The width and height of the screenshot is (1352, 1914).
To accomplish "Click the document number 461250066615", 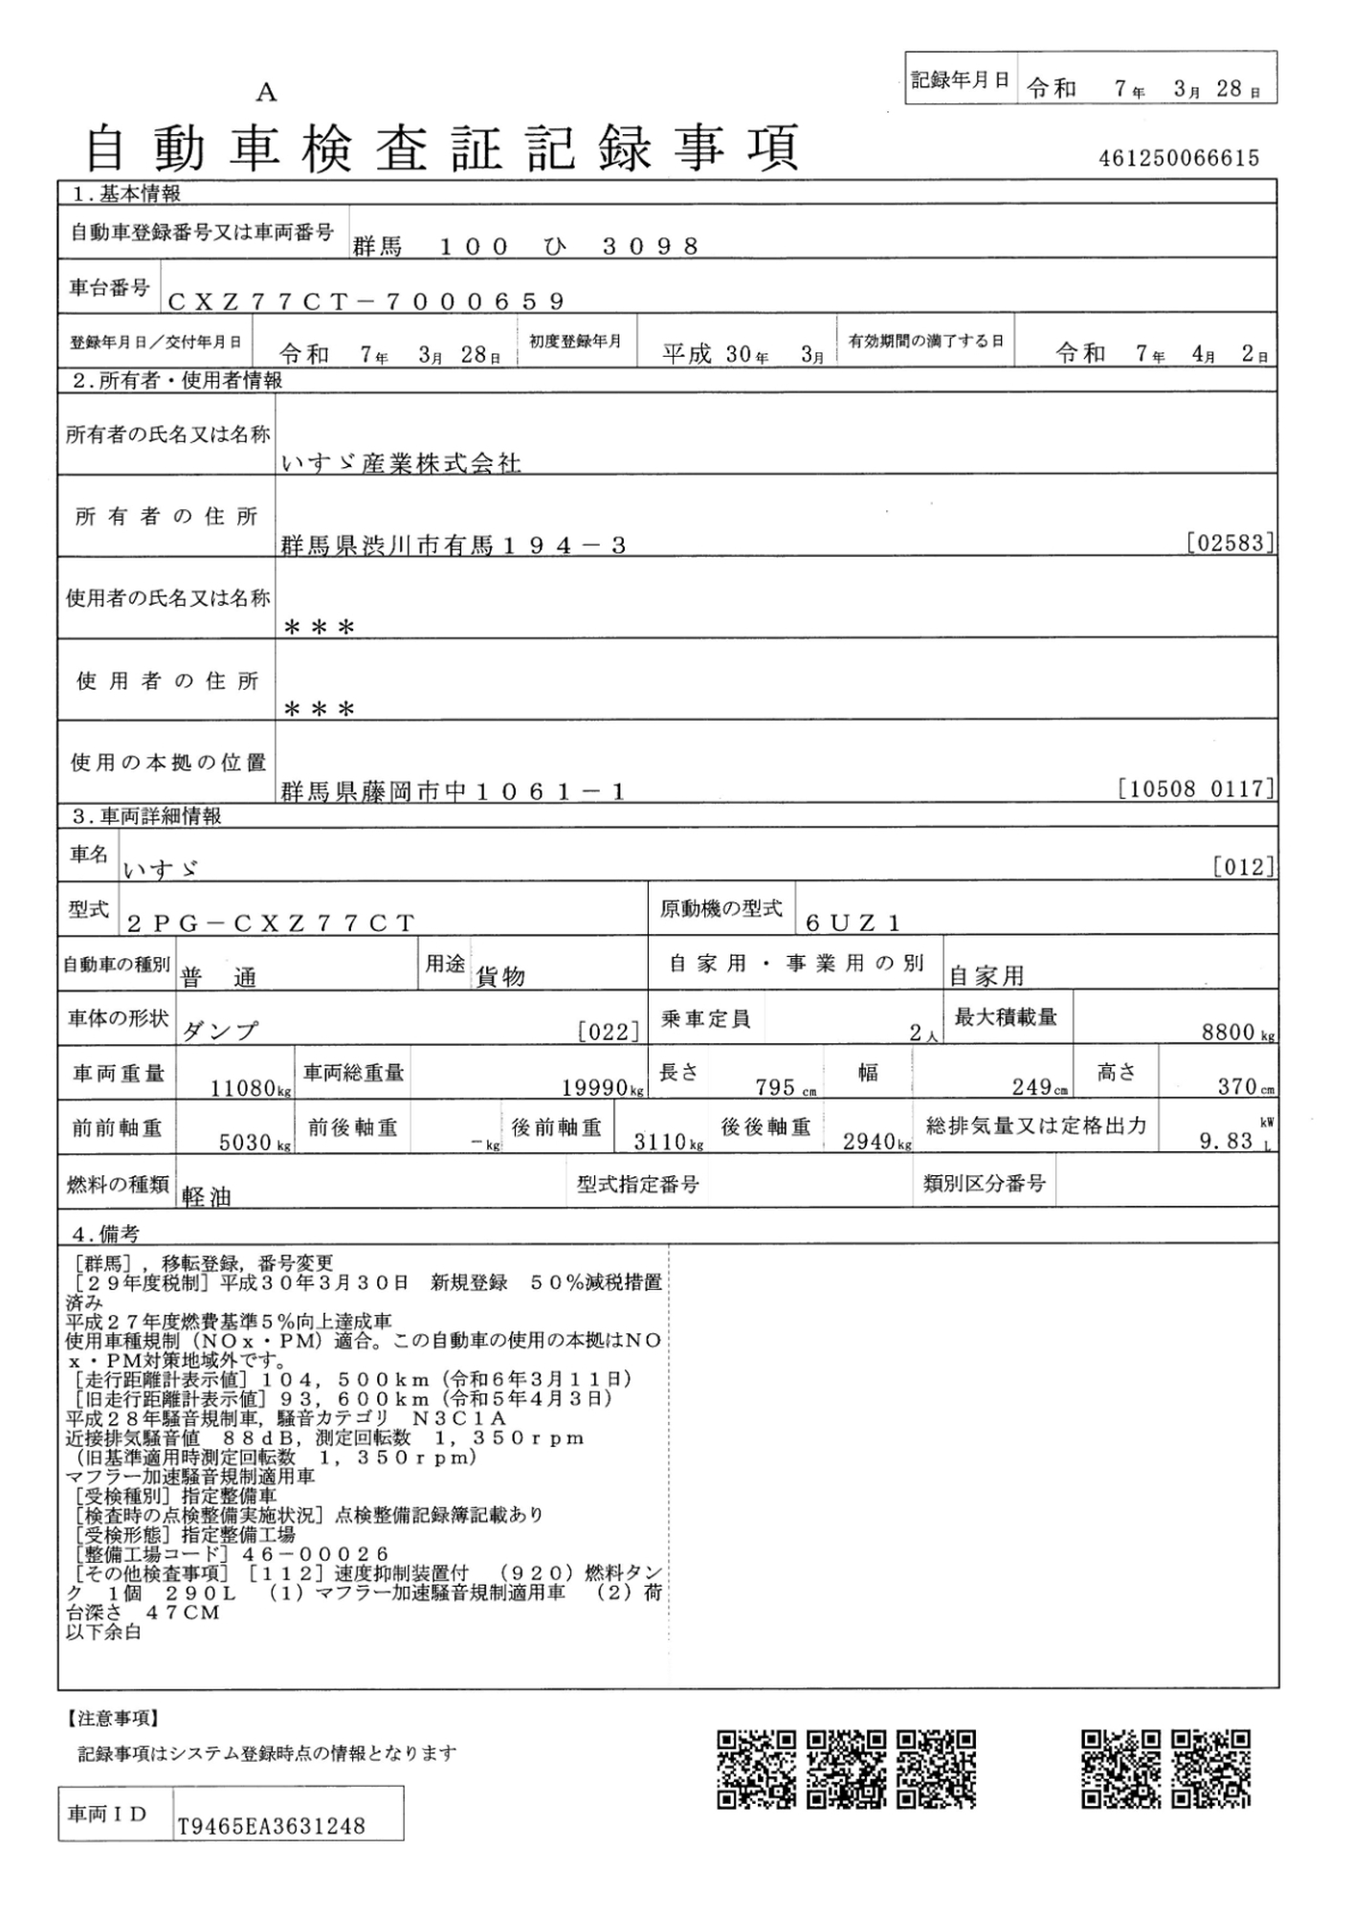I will [x=1179, y=158].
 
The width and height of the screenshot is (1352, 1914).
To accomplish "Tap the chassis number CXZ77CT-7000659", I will [x=366, y=301].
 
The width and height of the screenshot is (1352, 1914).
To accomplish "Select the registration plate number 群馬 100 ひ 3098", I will [x=526, y=247].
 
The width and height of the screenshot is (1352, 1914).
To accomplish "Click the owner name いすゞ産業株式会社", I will [x=401, y=464].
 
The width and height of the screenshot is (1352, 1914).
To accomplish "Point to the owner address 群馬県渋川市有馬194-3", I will [x=454, y=545].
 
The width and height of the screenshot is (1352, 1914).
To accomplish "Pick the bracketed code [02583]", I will [x=1230, y=544].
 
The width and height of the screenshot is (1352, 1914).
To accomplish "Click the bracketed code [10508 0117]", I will [x=1196, y=789].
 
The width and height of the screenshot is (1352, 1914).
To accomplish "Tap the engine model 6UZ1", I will [x=853, y=923].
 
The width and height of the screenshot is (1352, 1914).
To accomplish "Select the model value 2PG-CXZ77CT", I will [x=271, y=924].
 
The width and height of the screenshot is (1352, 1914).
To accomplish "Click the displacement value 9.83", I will [x=1226, y=1141].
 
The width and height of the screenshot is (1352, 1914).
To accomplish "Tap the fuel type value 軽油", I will [x=207, y=1196].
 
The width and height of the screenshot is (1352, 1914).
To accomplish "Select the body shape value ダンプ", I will [x=220, y=1031].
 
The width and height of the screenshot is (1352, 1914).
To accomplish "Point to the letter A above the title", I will [x=266, y=93].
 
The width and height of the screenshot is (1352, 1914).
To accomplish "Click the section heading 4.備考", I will [x=105, y=1235].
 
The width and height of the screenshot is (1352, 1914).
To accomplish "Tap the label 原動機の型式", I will [x=720, y=908].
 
